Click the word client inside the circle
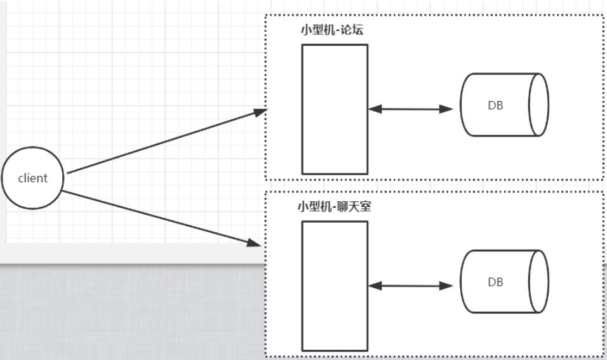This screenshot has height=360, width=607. [x=32, y=178]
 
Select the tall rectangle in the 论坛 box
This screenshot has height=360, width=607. [x=335, y=109]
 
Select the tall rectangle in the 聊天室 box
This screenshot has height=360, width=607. [x=335, y=286]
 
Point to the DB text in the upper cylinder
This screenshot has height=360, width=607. [x=495, y=106]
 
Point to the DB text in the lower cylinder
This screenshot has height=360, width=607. [x=495, y=282]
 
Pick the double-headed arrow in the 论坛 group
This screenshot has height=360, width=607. [x=410, y=109]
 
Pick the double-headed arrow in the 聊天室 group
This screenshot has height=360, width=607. [x=410, y=286]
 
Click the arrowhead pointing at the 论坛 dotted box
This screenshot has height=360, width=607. [x=260, y=112]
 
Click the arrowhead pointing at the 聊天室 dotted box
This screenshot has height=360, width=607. [x=254, y=243]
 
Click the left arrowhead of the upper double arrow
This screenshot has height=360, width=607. [x=375, y=109]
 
